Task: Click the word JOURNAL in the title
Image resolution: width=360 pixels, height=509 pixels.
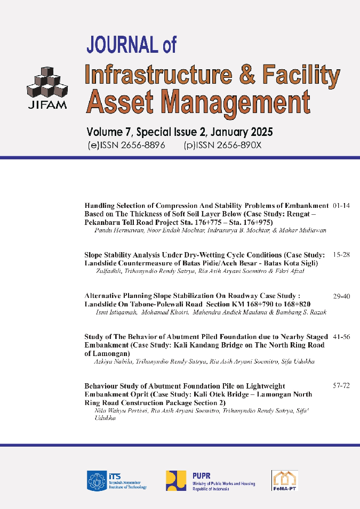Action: click(122, 44)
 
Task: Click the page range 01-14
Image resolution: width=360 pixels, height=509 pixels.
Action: click(341, 205)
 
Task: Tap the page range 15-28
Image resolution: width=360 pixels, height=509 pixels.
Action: click(341, 255)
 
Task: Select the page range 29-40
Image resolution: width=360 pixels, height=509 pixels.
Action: click(341, 295)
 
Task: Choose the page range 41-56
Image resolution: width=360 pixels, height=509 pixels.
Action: click(341, 337)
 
